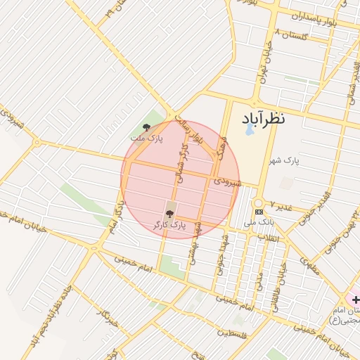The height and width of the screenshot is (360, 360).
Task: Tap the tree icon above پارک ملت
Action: [x=146, y=127]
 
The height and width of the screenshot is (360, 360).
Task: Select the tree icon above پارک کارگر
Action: [x=169, y=214]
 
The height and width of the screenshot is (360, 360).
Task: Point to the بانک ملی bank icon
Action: [x=259, y=211]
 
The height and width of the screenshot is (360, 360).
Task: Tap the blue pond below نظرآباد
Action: [x=249, y=130]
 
